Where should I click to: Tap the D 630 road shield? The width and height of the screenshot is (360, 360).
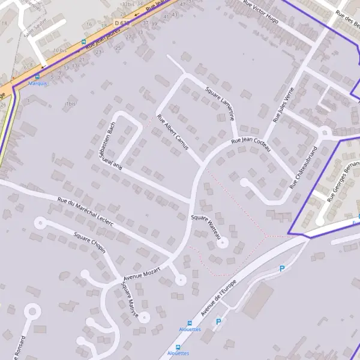pos(122,23)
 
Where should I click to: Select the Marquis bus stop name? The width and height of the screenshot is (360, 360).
pos(37,83)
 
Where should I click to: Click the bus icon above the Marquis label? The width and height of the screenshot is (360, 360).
pos(38,76)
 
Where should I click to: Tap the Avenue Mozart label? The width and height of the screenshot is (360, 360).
pos(142,274)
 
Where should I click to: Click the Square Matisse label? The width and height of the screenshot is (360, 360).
pos(130,301)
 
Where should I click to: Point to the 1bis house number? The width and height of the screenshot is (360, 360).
pos(70,104)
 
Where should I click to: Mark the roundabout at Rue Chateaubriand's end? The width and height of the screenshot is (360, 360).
pos(325,133)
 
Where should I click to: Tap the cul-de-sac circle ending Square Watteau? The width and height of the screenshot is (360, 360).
pos(223,243)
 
